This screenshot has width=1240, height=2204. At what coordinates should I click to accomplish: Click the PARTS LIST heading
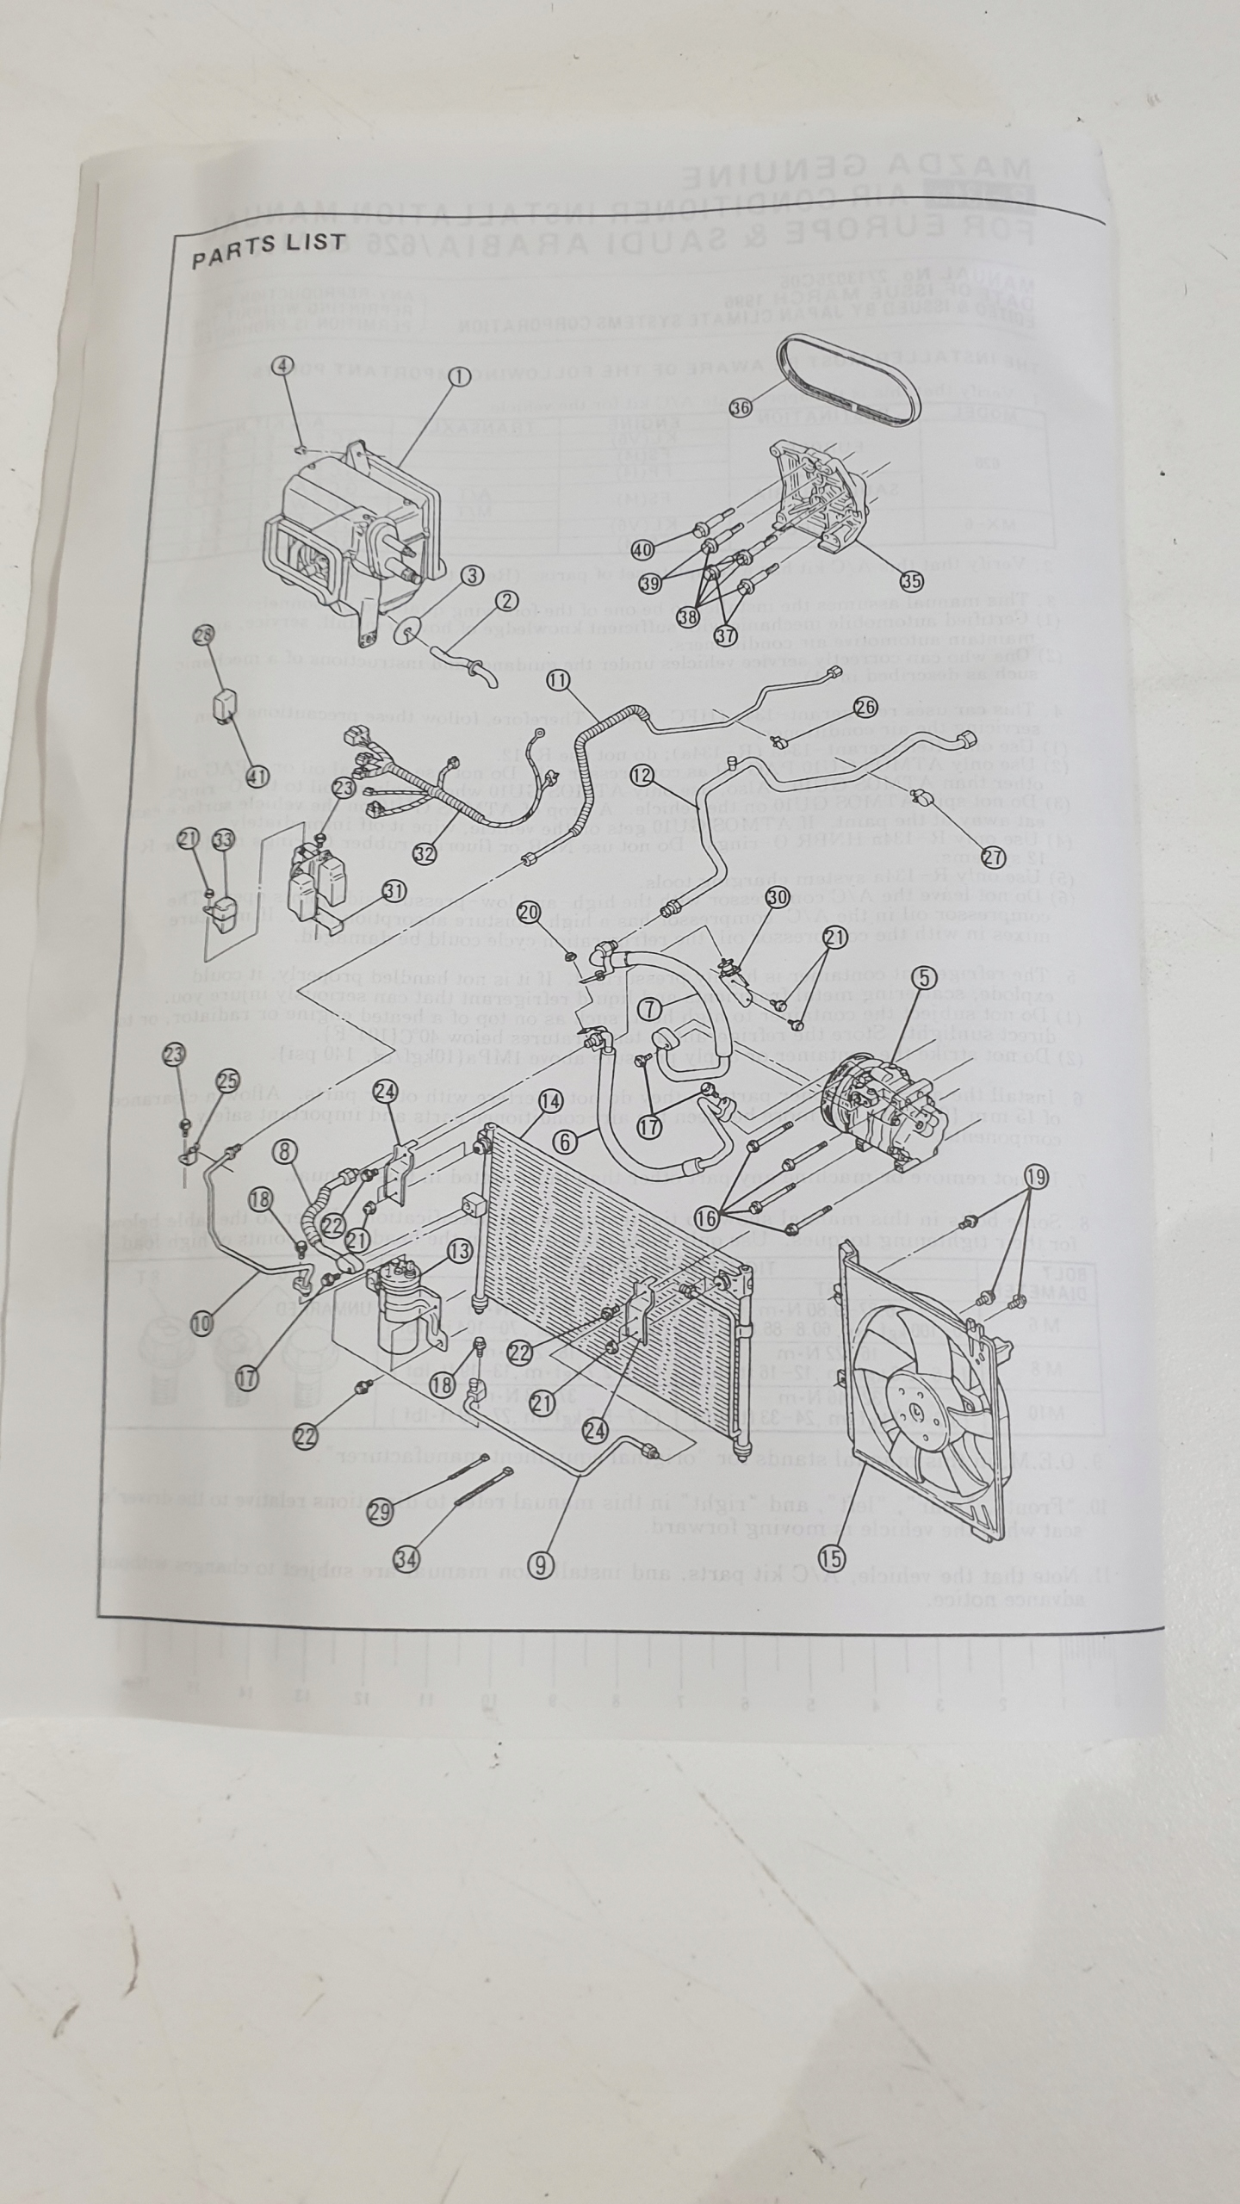coord(268,249)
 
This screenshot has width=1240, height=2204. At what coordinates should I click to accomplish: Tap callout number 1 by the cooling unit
coord(458,376)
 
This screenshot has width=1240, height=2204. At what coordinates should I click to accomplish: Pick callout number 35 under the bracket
coord(911,580)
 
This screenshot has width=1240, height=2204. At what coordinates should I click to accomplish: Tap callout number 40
coord(642,548)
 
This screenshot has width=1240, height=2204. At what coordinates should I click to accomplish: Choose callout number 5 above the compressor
coord(925,977)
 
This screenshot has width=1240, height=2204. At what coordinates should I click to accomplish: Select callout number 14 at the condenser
coord(551,1100)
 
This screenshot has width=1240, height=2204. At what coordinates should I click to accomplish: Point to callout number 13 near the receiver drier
coord(460,1250)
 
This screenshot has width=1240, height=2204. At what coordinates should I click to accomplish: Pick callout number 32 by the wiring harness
coord(424,853)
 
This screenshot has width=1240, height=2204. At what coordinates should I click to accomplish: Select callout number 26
coord(865,707)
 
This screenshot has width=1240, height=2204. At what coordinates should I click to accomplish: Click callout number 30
coord(778,896)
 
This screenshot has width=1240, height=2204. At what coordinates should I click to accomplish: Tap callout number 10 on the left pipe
coord(201,1323)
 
